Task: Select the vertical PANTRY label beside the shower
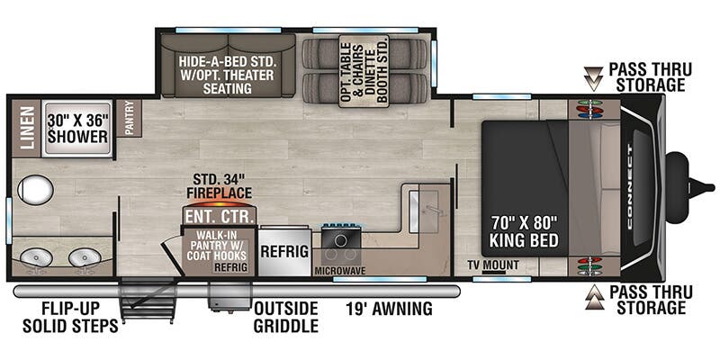tap(129, 118)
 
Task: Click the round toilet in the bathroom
tap(37, 190)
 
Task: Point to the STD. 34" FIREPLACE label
tap(220, 184)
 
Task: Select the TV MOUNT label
tap(492, 265)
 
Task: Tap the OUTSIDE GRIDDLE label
tap(285, 317)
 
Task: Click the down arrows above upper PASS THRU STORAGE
tap(591, 77)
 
